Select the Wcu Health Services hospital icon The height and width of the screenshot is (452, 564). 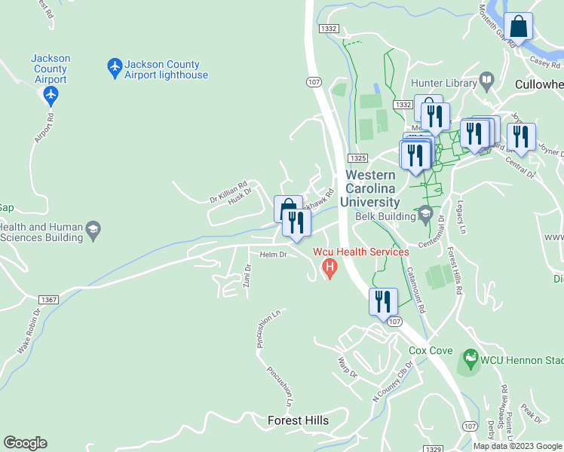click(329, 267)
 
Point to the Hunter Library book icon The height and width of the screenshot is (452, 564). click(487, 80)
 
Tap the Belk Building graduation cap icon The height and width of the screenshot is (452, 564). click(425, 216)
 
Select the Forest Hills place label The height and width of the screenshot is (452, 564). click(299, 420)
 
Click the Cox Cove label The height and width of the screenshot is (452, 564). click(431, 350)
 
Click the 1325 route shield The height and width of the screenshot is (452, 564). click(358, 158)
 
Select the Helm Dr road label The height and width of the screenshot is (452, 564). click(274, 255)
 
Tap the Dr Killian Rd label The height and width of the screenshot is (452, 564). click(228, 195)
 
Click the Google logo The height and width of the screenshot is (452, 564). click(25, 443)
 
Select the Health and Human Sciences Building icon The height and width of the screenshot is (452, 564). click(93, 231)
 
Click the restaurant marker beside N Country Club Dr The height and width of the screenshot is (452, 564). click(383, 301)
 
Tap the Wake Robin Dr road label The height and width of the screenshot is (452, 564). click(28, 331)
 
